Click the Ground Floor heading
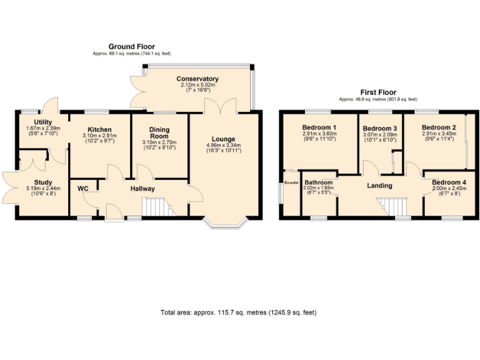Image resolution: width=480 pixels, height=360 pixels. click(131, 47)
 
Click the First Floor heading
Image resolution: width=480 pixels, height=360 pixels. click(377, 92)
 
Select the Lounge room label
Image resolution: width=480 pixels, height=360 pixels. click(222, 139)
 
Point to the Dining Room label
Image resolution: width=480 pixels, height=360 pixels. click(159, 132)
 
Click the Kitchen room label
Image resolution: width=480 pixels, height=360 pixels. click(99, 130)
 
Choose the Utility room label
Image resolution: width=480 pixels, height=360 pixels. click(42, 122)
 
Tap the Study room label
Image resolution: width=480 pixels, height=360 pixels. click(43, 182)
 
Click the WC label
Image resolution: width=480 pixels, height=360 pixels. click(82, 188)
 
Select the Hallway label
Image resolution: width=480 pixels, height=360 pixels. click(142, 189)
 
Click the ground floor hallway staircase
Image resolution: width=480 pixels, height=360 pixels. click(157, 206)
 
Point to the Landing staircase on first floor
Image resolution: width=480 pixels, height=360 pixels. click(391, 206)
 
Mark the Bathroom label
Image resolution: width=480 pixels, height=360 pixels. click(319, 183)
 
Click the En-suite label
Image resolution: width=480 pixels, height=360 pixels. click(291, 182)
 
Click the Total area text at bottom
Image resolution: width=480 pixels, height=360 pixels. click(242, 312)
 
